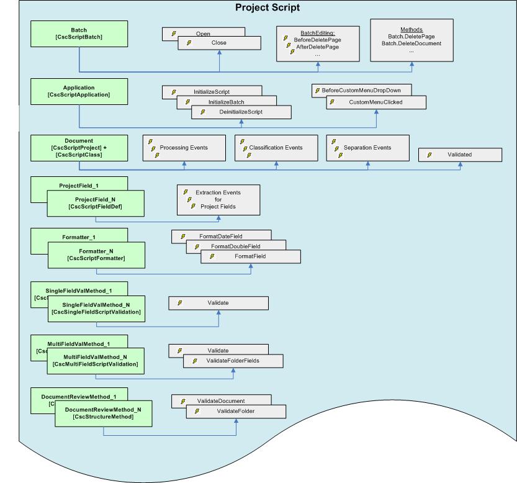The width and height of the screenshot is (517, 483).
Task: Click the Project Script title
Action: [x=267, y=8]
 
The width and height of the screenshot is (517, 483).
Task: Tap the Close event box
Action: [x=218, y=43]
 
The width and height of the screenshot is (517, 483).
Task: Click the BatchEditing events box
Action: [x=317, y=44]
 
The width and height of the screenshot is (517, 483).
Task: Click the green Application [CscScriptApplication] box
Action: [x=79, y=91]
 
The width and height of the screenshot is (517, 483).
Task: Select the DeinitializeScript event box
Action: [x=241, y=112]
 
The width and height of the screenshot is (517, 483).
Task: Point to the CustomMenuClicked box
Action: [x=376, y=102]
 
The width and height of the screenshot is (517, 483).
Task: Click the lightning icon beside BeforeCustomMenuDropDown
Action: [x=317, y=91]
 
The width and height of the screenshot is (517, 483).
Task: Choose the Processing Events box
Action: [x=184, y=148]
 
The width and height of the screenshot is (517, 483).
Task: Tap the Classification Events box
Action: [x=276, y=148]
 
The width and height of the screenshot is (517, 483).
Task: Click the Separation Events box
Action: [x=367, y=148]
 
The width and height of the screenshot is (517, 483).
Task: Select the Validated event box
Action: [x=460, y=155]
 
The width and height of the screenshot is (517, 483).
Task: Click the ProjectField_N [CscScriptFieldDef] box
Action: [x=96, y=203]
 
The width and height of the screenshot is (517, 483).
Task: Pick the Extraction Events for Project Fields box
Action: [x=210, y=199]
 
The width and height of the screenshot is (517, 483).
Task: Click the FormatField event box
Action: [x=251, y=256]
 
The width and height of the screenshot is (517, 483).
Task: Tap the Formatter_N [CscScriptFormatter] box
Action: [x=97, y=255]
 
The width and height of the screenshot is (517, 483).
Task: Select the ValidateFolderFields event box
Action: [x=233, y=361]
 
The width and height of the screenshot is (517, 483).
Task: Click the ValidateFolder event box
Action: [x=236, y=411]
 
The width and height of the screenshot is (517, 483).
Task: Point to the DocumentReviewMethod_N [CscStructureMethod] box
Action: [x=103, y=413]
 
